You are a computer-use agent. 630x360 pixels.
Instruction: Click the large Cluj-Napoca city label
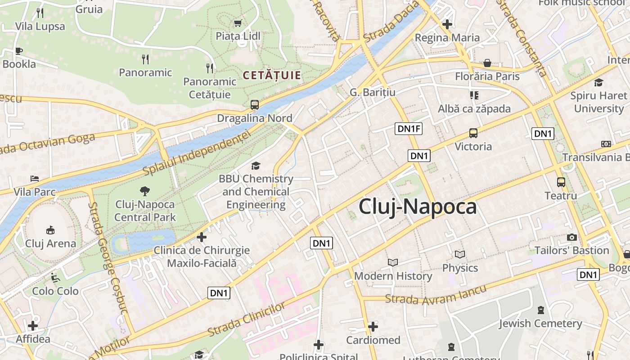418,207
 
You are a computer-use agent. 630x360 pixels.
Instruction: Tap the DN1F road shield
409,129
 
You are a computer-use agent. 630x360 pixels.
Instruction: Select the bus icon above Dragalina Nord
255,105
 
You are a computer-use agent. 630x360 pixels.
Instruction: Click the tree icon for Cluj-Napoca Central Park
144,191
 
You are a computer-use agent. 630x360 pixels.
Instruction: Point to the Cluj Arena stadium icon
50,230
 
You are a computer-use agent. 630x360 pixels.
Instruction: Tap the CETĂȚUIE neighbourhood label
272,75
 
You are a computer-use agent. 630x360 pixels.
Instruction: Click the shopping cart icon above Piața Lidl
238,23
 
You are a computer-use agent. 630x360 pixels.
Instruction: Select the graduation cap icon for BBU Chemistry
256,166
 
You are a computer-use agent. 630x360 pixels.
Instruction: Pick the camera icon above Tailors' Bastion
572,237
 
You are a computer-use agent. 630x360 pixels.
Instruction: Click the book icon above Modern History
393,262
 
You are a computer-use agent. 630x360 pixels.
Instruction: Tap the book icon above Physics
459,255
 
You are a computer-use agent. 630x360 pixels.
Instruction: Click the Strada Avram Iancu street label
436,295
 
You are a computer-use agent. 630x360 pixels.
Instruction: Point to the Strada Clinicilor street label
246,319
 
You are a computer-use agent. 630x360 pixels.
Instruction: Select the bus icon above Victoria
473,133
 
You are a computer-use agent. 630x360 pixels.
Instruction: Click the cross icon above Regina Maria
447,24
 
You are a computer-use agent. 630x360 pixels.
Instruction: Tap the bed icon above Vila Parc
34,179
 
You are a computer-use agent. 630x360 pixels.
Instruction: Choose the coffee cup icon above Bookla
18,51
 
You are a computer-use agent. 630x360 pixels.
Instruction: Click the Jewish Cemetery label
540,323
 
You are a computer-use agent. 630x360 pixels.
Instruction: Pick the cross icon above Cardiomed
373,327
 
